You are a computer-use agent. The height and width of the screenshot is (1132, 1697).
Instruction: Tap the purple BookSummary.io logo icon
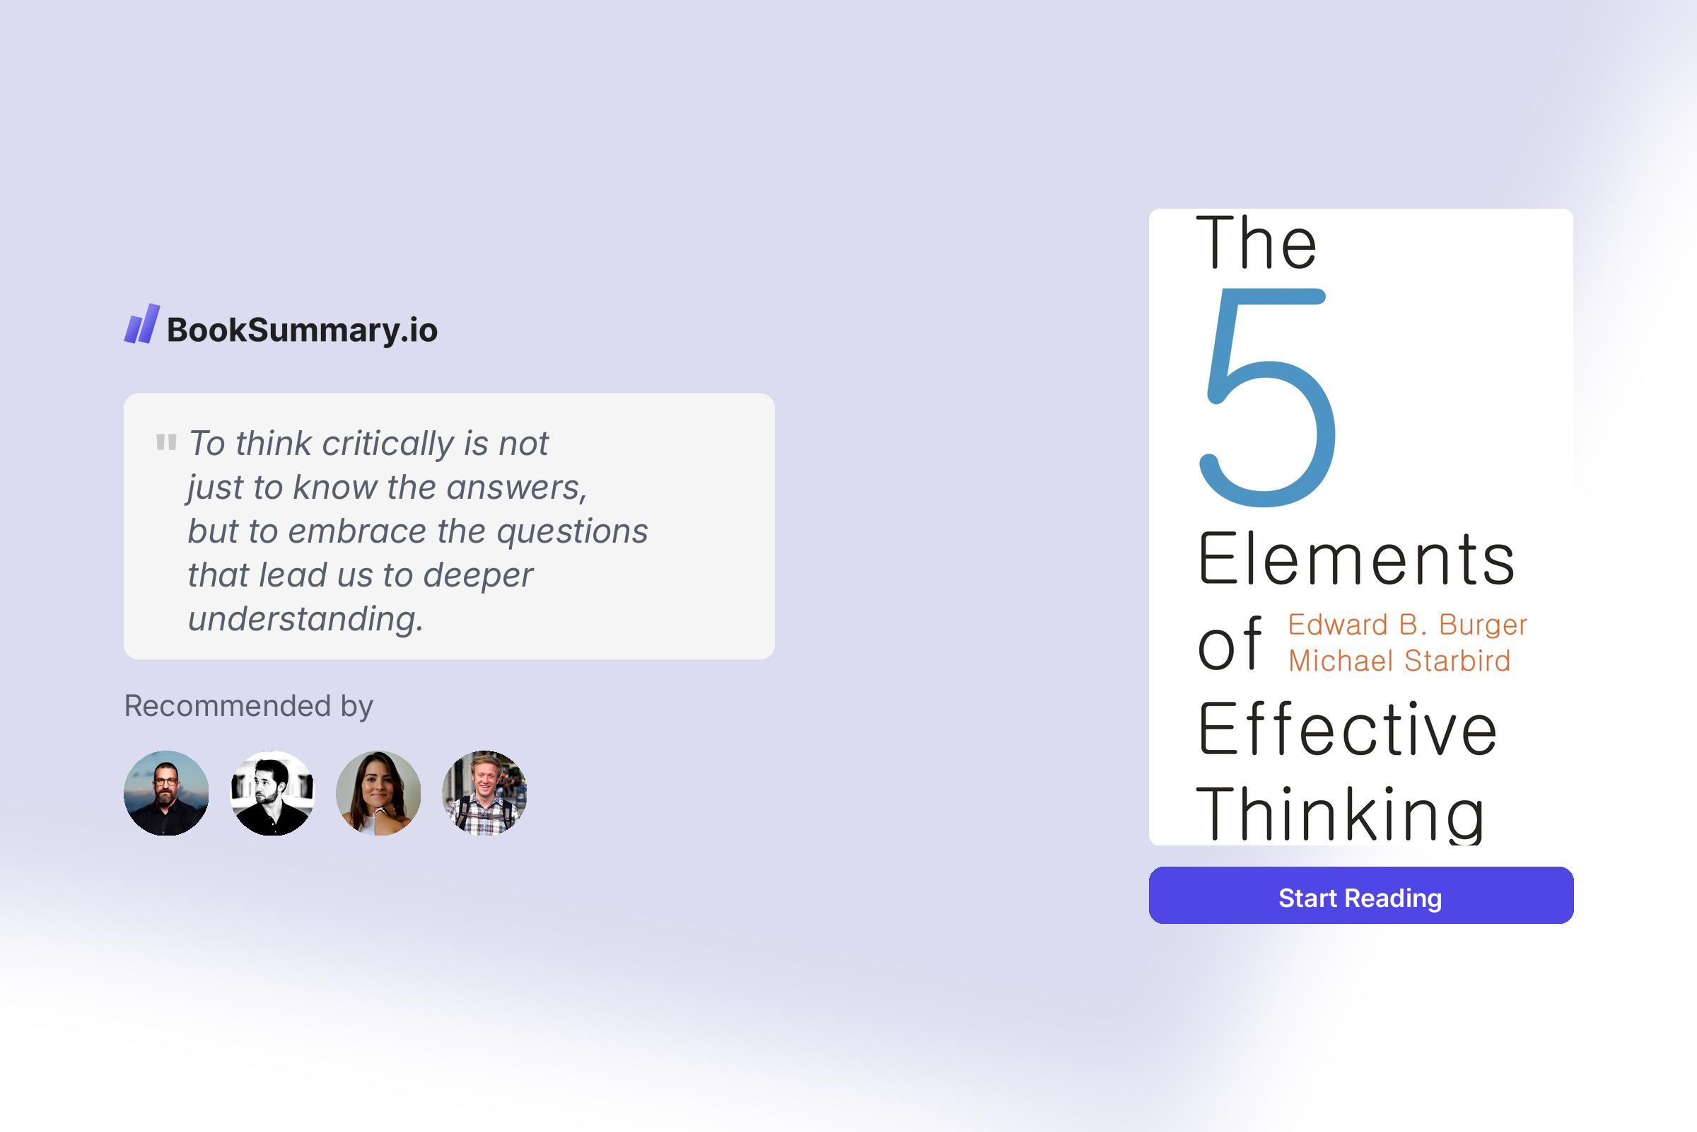(141, 324)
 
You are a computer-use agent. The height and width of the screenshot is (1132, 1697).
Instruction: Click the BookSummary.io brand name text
(303, 330)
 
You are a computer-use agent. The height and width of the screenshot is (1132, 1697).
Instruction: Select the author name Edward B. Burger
(1407, 625)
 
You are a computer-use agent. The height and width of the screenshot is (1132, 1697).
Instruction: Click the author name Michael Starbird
(1399, 661)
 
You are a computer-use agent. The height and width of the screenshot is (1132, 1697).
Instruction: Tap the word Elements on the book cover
(1355, 560)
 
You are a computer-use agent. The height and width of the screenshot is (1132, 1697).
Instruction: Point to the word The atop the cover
(1256, 243)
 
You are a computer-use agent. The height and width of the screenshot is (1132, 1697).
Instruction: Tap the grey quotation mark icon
(166, 441)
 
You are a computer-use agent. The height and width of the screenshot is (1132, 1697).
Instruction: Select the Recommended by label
(248, 705)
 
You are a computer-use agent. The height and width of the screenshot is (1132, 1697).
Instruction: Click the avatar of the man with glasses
(167, 792)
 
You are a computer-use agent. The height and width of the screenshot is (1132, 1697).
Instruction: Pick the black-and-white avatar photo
(272, 792)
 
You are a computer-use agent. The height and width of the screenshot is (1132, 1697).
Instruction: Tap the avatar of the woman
(378, 792)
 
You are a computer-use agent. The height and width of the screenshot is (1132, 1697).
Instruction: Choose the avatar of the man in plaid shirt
(484, 792)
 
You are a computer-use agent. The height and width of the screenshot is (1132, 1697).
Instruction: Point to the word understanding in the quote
(305, 618)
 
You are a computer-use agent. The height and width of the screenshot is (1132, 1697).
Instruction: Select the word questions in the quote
(572, 531)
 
